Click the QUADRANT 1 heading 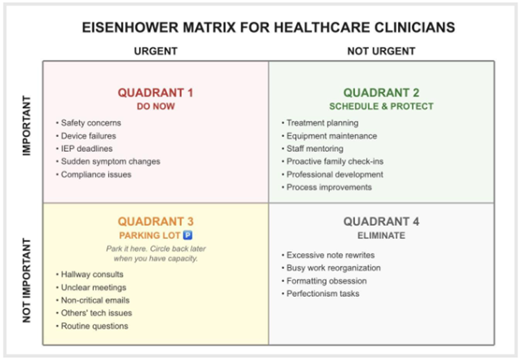point(155,92)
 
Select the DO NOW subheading point(155,106)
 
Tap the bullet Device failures point(88,136)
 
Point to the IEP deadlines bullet point(86,149)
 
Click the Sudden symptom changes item point(110,161)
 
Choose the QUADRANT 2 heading point(381,92)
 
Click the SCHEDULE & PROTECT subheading point(381,106)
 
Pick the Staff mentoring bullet point(315,149)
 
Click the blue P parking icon point(187,236)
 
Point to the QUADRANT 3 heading point(155,222)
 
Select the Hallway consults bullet point(92,275)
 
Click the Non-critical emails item point(94,300)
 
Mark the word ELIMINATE point(381,236)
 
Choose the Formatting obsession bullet point(326,281)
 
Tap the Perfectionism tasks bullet point(323,294)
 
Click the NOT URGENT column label point(381,51)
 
